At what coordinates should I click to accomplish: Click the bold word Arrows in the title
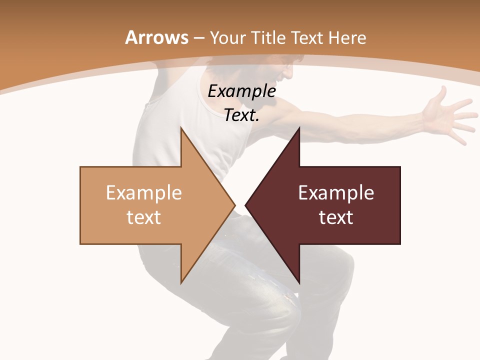click(x=157, y=37)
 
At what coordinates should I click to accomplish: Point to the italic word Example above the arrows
click(x=242, y=91)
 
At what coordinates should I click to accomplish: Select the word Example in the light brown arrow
click(x=144, y=192)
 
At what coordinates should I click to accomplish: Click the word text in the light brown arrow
click(x=144, y=217)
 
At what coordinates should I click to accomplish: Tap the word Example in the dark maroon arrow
click(x=336, y=192)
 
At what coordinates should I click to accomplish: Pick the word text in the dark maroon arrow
click(x=336, y=217)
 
